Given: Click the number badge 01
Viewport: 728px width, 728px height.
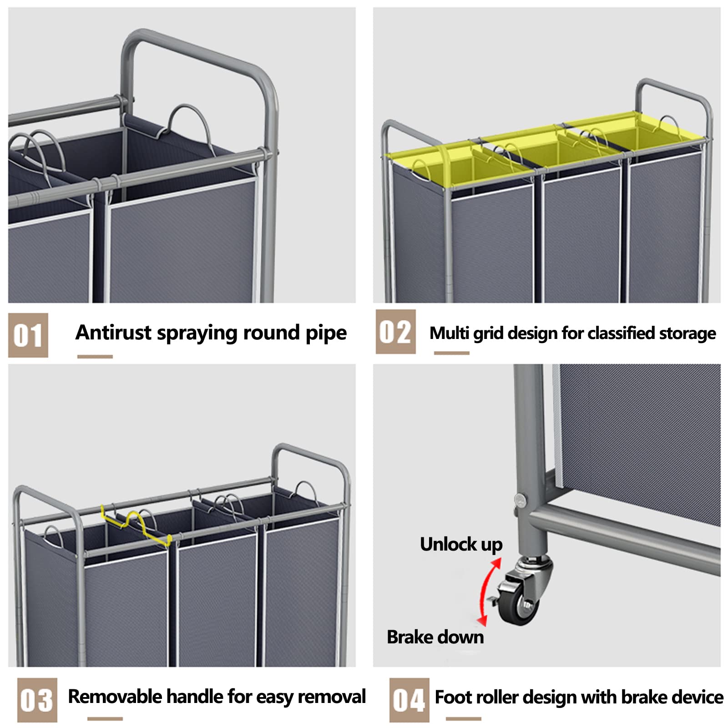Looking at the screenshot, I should click(x=28, y=335).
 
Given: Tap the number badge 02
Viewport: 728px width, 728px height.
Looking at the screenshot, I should click(x=395, y=332).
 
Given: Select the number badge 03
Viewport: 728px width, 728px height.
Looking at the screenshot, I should click(x=37, y=700).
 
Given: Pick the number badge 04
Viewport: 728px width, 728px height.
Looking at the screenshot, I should click(x=409, y=700).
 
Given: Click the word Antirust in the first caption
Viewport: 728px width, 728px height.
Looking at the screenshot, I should click(x=113, y=332).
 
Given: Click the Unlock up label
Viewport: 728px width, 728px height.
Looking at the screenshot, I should click(x=461, y=544).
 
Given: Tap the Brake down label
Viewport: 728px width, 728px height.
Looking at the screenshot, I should click(x=435, y=637).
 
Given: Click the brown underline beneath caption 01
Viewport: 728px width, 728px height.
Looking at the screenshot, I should click(x=95, y=357).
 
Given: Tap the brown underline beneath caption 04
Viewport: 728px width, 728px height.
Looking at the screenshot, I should click(x=463, y=719).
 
